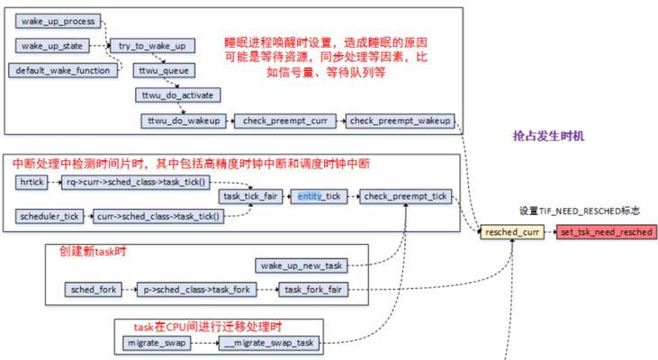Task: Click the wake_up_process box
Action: click(x=58, y=21)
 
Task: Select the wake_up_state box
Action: click(x=52, y=46)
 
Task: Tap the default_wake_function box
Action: click(x=63, y=70)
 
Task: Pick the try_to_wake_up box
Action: click(x=152, y=46)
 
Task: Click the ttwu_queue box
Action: click(x=164, y=70)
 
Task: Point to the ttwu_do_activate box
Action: click(x=178, y=95)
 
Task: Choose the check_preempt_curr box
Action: click(x=285, y=121)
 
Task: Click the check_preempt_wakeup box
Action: click(x=400, y=121)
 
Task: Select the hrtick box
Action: click(x=32, y=182)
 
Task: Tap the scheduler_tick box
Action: click(x=50, y=217)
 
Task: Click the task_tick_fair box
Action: click(x=250, y=196)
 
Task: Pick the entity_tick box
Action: click(x=320, y=196)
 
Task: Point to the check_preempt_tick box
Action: click(x=406, y=196)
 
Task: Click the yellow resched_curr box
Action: click(x=512, y=232)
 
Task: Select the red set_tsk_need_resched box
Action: click(x=607, y=232)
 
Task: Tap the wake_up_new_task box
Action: click(x=302, y=265)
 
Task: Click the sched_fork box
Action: click(x=94, y=290)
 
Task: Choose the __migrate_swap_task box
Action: click(x=269, y=343)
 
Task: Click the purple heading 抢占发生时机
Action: click(x=548, y=136)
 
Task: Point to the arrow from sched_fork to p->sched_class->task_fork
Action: click(x=130, y=290)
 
